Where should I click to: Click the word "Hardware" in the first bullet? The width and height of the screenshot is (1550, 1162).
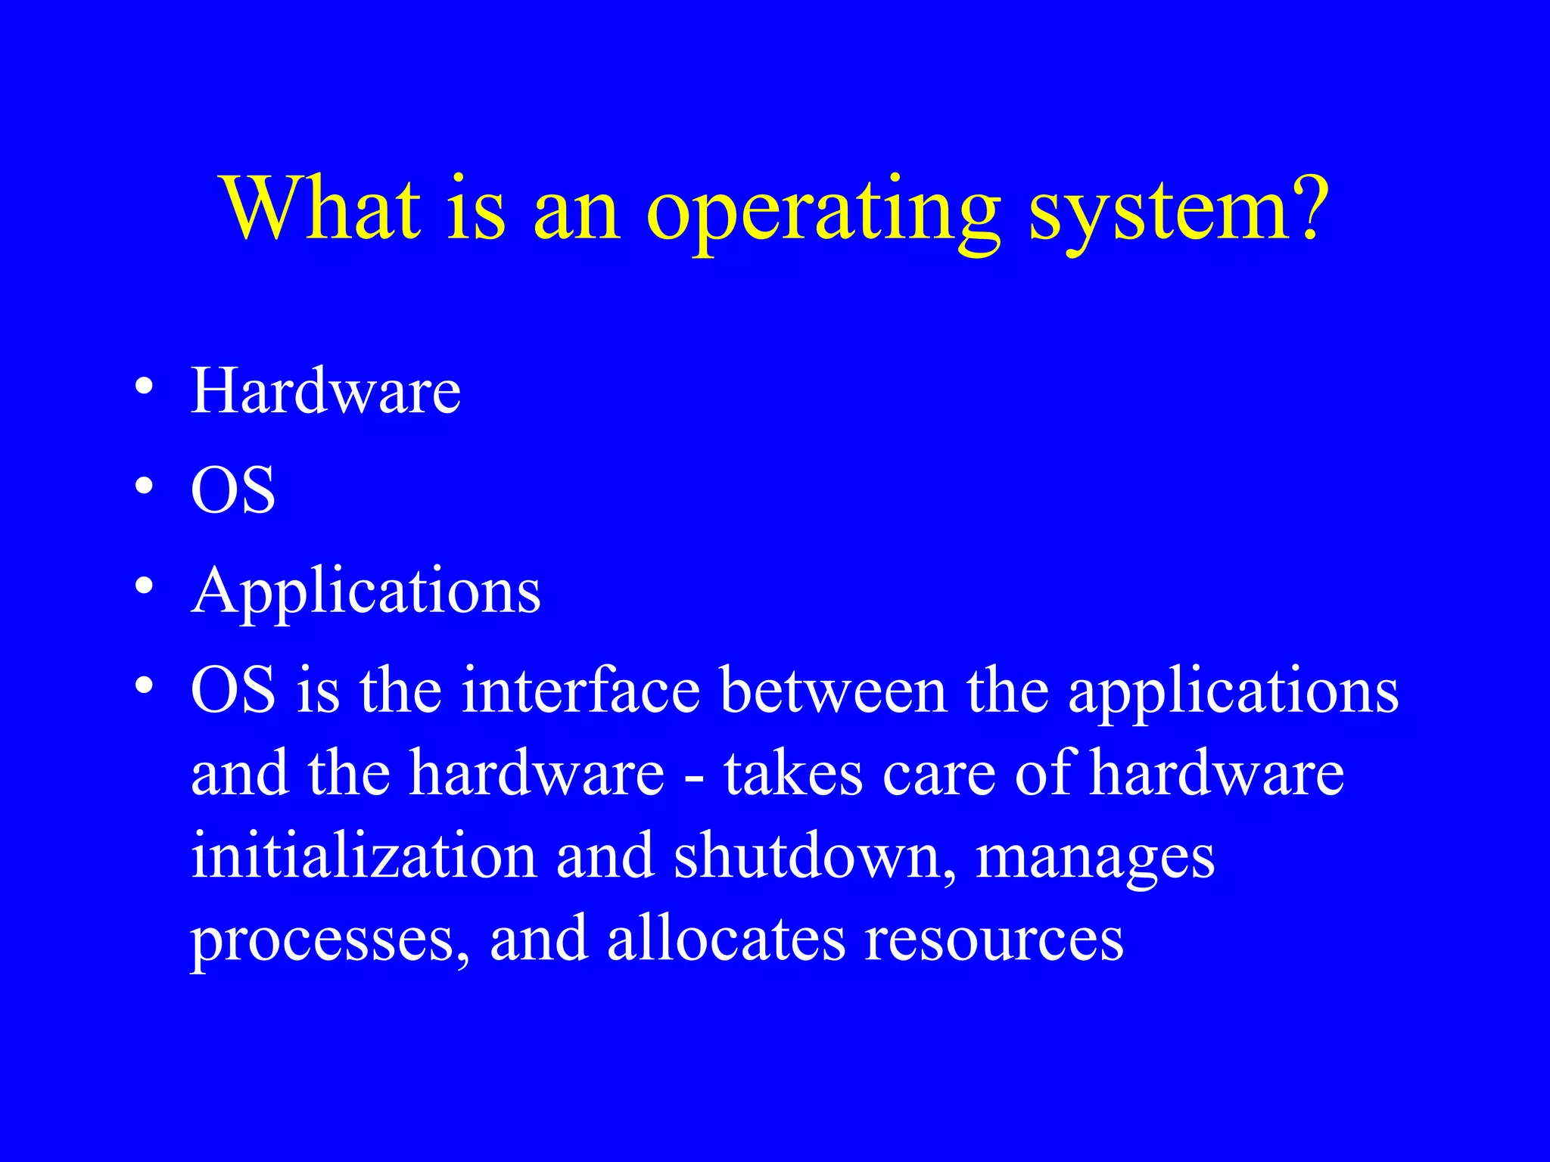[325, 391]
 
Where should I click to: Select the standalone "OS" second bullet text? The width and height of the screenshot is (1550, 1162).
[233, 490]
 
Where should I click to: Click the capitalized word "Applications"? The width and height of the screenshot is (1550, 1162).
[366, 592]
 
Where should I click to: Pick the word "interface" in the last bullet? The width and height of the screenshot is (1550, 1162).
[581, 690]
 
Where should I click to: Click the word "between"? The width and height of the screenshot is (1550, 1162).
[833, 690]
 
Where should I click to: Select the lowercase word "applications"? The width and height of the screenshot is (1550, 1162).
[1233, 693]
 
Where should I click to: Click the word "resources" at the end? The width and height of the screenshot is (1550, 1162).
[994, 940]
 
